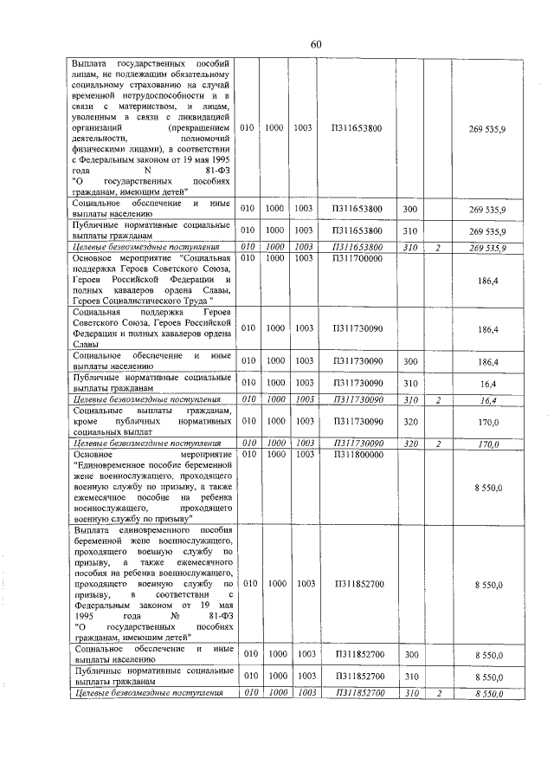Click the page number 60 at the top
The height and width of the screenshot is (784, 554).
tap(315, 45)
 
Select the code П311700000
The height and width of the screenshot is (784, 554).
tap(357, 258)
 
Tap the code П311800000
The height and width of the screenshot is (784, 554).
tap(357, 454)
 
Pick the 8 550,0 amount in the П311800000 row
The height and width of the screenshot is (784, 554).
tap(488, 489)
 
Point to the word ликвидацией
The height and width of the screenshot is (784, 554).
tap(203, 116)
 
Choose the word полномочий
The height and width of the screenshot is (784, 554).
tap(208, 138)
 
